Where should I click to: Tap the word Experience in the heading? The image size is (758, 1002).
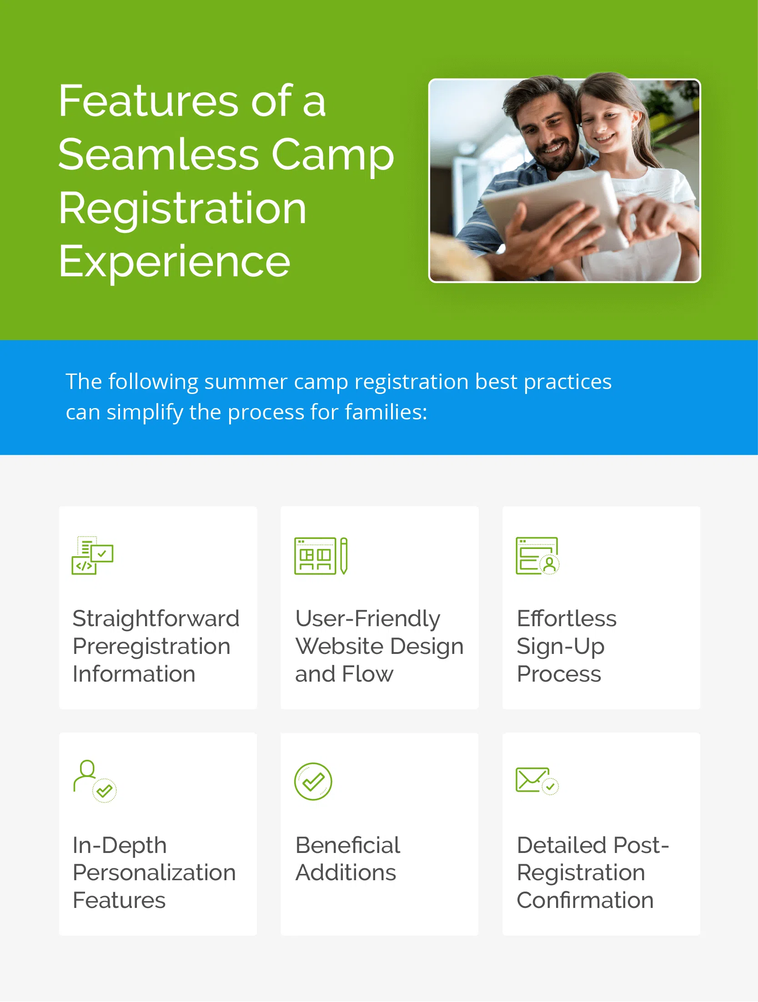coord(174,262)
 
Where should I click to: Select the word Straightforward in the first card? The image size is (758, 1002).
coord(156,618)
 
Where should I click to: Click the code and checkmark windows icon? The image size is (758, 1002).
coord(93,555)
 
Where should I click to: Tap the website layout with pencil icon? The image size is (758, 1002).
coord(321,556)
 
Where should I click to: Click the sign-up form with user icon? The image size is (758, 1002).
coord(537,556)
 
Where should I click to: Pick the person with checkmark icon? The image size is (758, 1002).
coord(95,781)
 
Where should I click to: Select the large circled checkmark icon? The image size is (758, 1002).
coord(313,782)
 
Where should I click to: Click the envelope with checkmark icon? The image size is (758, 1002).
coord(537,781)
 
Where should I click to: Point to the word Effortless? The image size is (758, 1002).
coord(567,618)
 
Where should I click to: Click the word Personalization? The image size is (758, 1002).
coord(154,873)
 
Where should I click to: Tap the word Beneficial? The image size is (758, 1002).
coord(347,845)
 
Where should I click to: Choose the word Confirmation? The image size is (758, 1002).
coord(585,901)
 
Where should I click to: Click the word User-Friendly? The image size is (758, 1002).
coord(367,618)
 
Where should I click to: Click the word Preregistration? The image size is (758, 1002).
coord(151,646)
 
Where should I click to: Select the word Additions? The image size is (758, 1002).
coord(346,873)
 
